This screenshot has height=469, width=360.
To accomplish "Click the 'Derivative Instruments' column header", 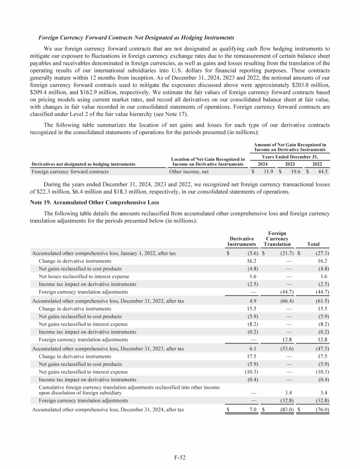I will click(x=241, y=241).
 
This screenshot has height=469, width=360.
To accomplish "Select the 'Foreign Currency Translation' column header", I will click(x=277, y=238).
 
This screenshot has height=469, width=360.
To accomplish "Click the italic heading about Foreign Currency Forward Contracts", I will click(x=136, y=37).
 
